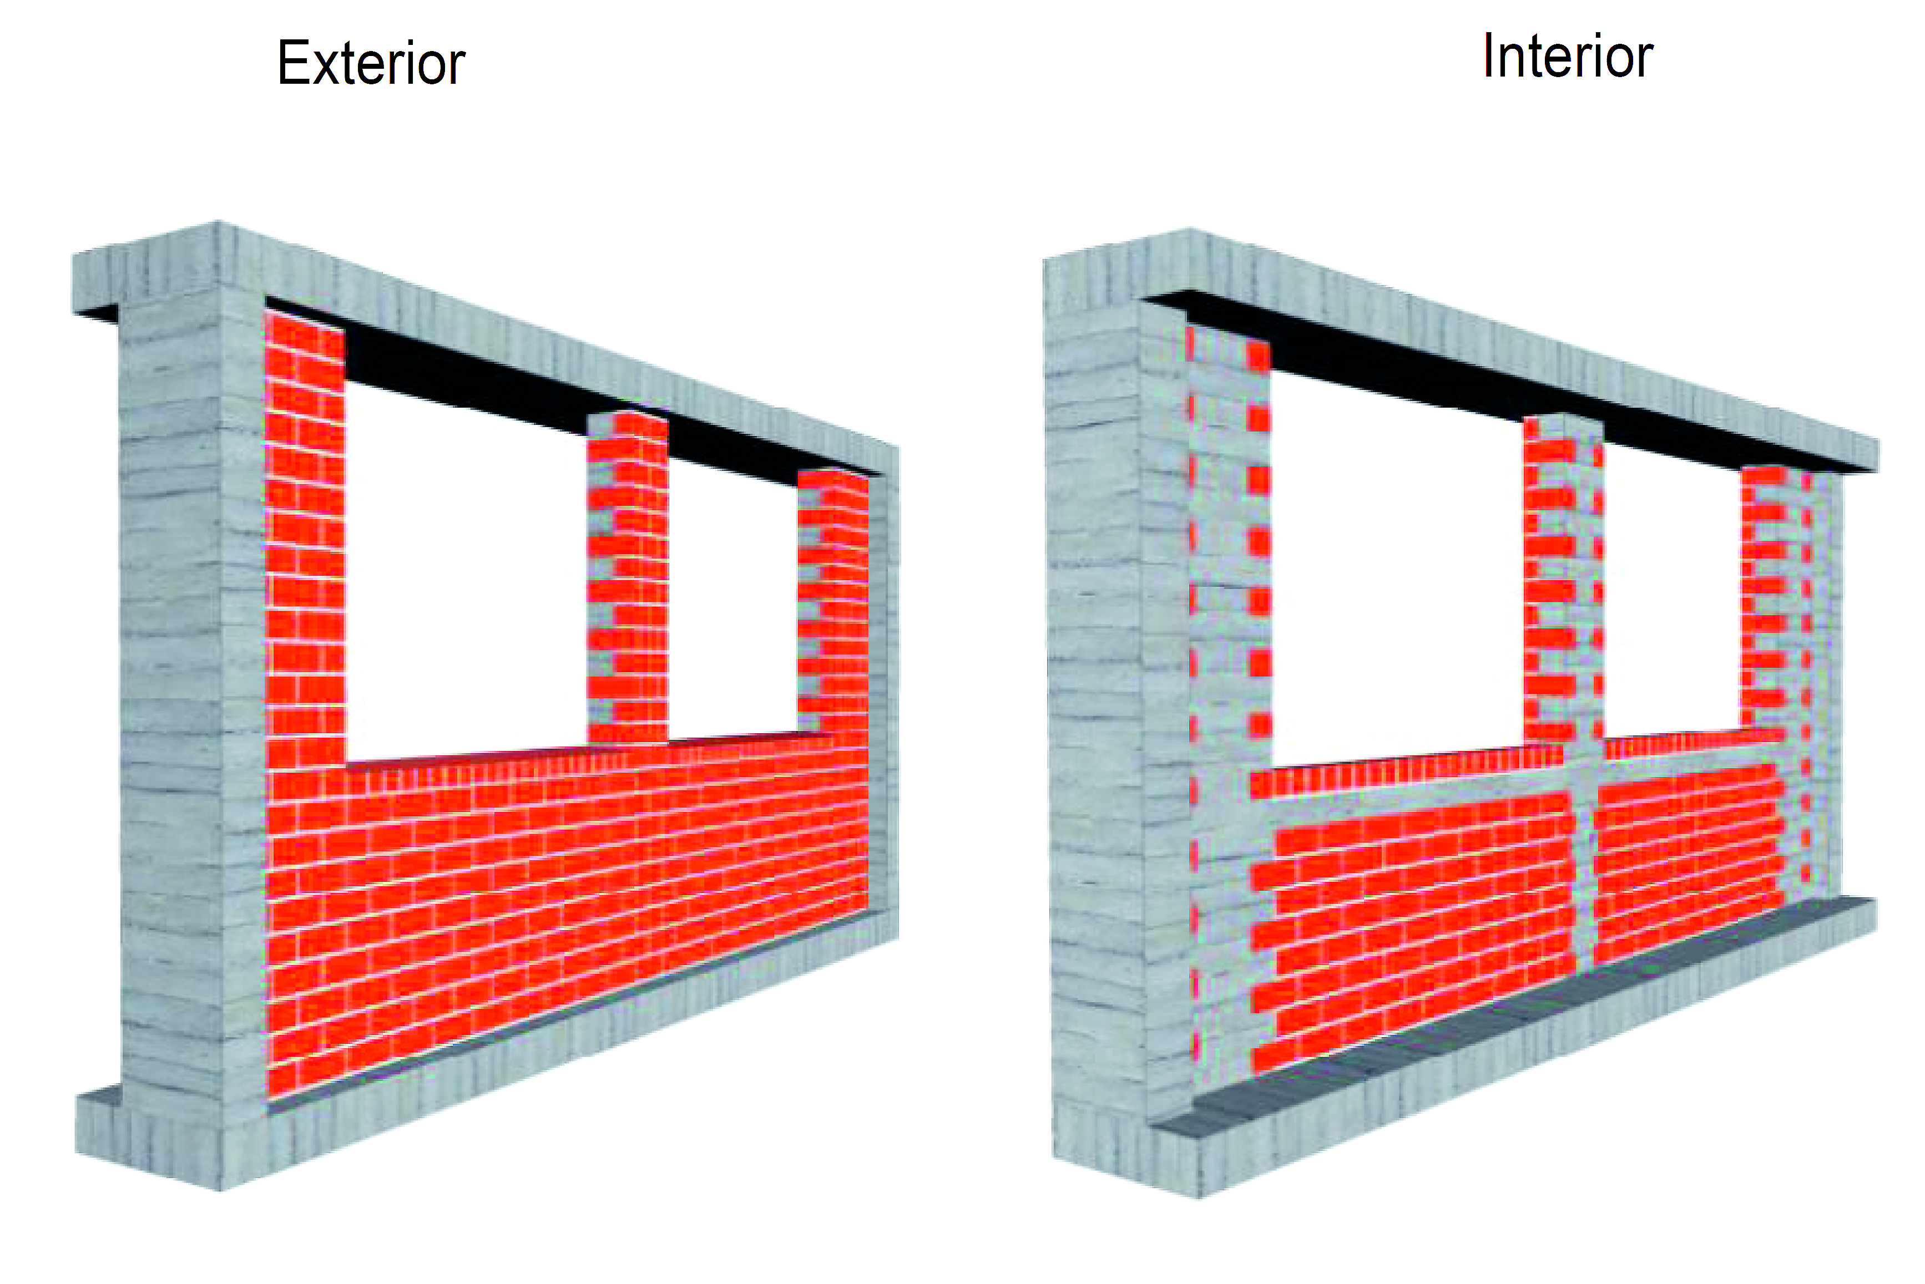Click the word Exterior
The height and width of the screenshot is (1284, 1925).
[x=371, y=63]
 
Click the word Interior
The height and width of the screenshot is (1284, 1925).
[x=1567, y=57]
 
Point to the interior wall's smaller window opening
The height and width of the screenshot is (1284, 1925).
[x=1671, y=598]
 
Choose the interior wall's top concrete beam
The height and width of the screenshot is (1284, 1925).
[x=1515, y=344]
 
